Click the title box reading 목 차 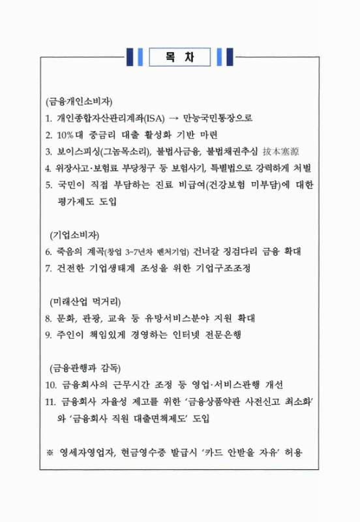pos(179,56)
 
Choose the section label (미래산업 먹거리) pos(85,301)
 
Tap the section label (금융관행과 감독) pos(85,367)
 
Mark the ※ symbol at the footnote pos(50,452)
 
